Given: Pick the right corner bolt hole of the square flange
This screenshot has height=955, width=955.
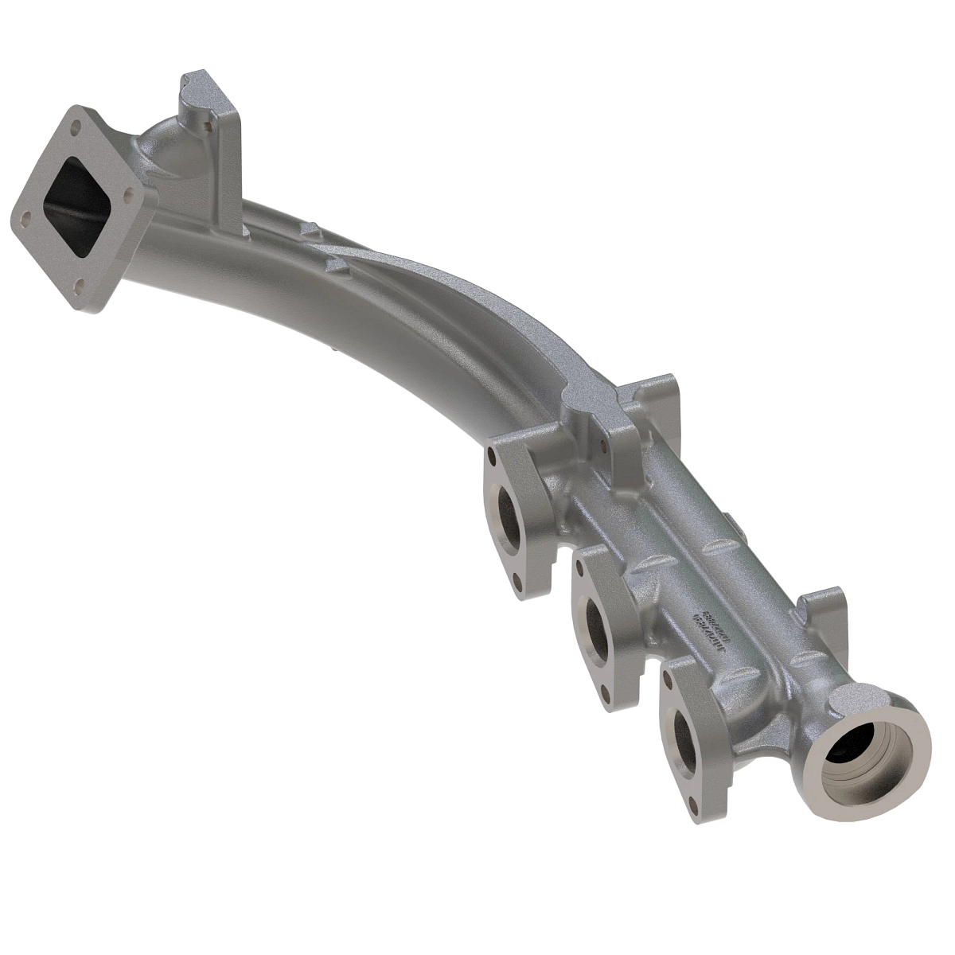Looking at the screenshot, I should (127, 190).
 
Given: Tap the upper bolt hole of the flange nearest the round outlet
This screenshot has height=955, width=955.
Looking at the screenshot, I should (673, 676).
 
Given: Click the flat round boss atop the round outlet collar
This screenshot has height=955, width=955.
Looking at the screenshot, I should (848, 700).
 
